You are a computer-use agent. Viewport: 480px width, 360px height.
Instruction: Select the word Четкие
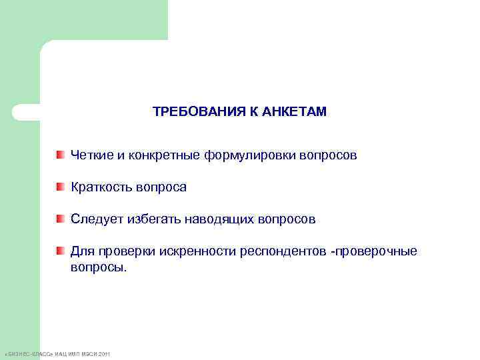tap(91, 155)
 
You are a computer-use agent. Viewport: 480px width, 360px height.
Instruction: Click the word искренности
tap(197, 251)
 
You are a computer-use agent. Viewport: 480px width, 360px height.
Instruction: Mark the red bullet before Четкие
tap(60, 155)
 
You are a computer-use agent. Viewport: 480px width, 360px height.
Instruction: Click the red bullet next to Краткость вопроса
tap(60, 187)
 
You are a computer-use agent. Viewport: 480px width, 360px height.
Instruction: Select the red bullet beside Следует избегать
tap(60, 219)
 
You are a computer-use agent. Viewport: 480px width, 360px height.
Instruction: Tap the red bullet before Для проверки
tap(60, 251)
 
